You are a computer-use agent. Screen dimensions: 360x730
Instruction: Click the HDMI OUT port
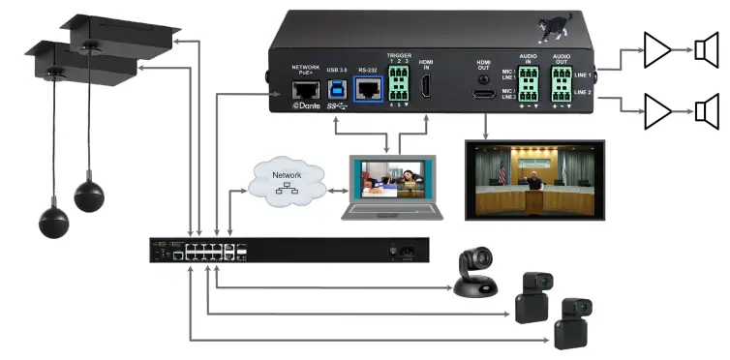pos(484,94)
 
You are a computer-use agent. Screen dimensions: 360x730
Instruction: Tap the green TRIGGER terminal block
pos(399,86)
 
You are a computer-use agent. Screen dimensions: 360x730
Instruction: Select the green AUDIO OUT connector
pos(562,86)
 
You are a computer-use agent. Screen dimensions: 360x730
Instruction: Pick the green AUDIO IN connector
pos(529,88)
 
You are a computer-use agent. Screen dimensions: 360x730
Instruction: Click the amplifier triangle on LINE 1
pos(657,50)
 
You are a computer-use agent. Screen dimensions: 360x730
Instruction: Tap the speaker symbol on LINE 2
pos(706,110)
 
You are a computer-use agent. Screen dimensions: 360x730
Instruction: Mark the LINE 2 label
pos(582,92)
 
